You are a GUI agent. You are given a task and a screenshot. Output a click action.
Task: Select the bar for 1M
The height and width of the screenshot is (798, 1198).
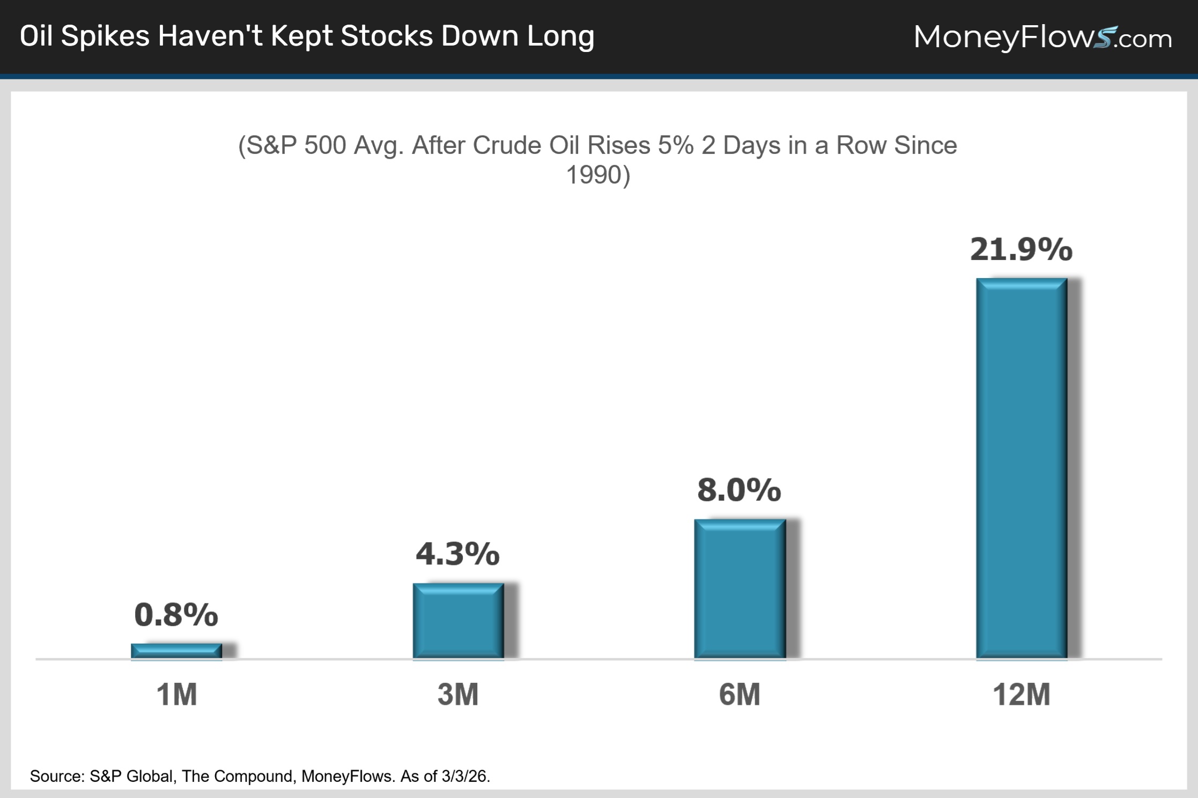coord(176,651)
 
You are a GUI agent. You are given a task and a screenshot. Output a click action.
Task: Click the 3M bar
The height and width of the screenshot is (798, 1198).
coord(458,621)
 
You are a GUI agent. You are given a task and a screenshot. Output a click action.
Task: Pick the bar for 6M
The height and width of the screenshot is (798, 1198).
coord(740,588)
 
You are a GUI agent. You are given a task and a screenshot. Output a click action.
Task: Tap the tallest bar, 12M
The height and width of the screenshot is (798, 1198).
coord(1022,468)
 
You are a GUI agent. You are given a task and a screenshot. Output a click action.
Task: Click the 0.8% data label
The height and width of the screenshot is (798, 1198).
coord(176,614)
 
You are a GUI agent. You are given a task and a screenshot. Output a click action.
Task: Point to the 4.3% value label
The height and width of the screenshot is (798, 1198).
coord(457,554)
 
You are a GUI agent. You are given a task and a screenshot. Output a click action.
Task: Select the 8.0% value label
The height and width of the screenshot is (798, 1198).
coord(739,489)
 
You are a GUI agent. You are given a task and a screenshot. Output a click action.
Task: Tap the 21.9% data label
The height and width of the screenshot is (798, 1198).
coord(1021,249)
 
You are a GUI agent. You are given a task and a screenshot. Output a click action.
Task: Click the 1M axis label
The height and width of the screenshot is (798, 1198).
coord(176,695)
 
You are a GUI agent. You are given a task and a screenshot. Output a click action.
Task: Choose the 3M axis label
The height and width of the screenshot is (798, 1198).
coord(458,695)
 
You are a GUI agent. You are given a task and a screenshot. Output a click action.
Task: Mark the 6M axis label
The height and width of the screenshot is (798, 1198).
coord(739,695)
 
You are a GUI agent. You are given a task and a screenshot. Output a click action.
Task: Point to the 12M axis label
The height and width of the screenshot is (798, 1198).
coord(1021,695)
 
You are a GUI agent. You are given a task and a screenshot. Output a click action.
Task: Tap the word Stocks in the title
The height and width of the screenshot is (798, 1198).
coord(386,36)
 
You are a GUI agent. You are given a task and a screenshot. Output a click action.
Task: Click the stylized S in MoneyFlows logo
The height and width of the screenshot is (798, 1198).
coord(1103,38)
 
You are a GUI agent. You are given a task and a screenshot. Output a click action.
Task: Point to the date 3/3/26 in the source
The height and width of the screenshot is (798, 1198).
coord(465,776)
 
